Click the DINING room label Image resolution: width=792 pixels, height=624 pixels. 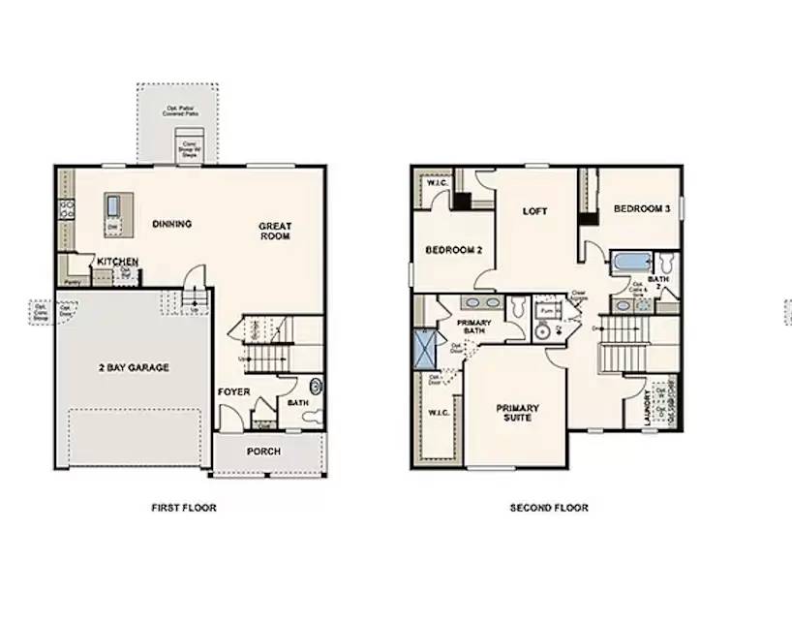(x=172, y=224)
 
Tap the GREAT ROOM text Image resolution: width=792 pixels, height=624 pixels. (x=275, y=231)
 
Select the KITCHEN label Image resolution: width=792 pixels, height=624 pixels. (x=117, y=262)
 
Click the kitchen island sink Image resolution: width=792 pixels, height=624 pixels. (x=114, y=205)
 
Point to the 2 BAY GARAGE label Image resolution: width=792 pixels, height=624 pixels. (x=134, y=367)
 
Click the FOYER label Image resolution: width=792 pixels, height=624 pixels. (x=233, y=391)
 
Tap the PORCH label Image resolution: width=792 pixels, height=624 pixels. (x=263, y=452)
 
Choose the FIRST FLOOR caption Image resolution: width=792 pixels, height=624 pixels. (x=184, y=507)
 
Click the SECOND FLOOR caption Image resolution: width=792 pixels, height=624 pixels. (x=549, y=507)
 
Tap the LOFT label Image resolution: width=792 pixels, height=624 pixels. (x=535, y=210)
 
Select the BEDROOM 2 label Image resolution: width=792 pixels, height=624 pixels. (x=454, y=249)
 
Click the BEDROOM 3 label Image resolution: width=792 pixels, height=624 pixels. (x=641, y=208)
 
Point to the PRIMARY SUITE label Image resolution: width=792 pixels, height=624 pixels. (x=518, y=414)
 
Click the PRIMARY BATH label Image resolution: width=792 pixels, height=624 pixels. (x=473, y=328)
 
